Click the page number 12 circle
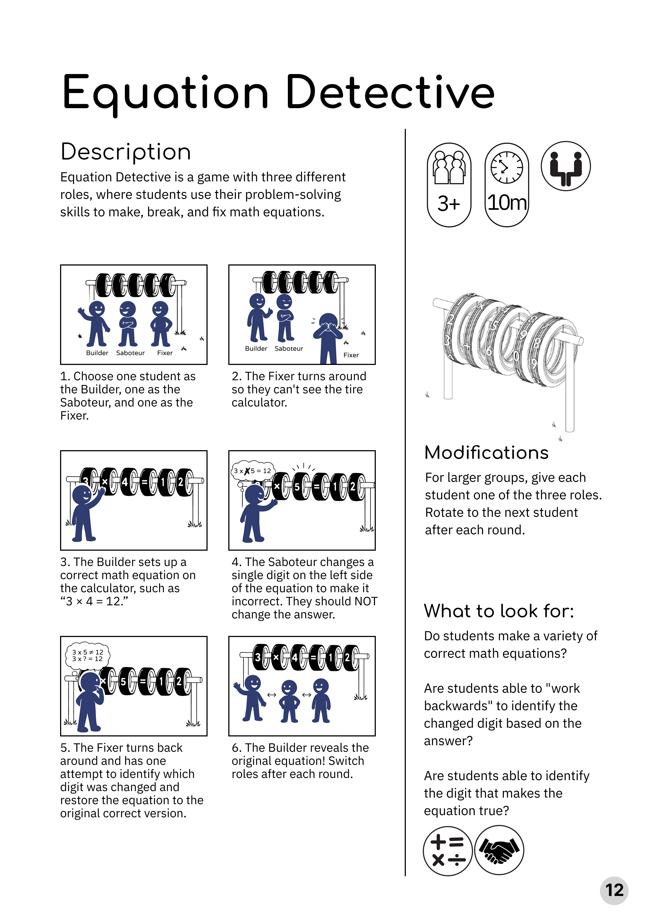614,890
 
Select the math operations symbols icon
448,851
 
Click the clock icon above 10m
507,167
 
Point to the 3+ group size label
448,204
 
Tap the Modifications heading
486,453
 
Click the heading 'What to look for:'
499,611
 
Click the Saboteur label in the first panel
130,353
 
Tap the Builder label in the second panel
256,349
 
